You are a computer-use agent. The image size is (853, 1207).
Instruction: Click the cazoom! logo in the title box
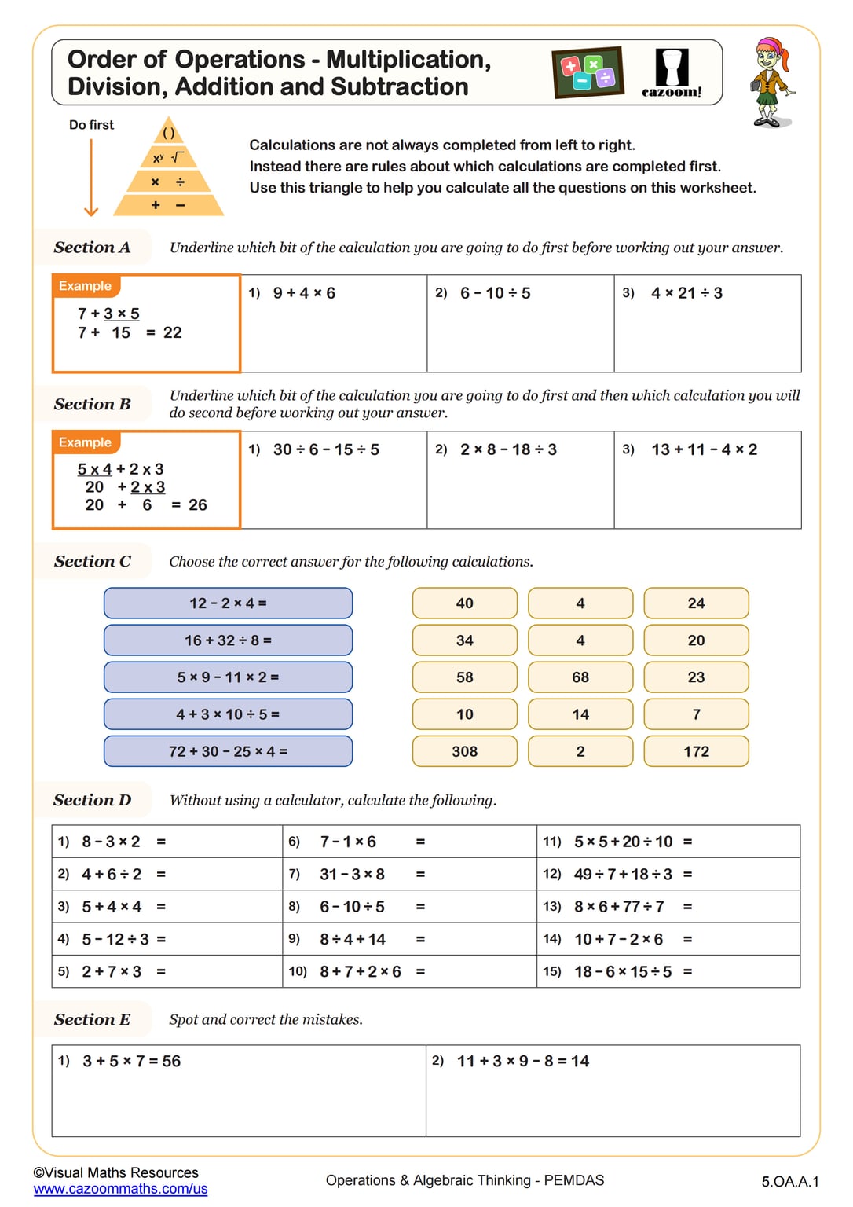672,73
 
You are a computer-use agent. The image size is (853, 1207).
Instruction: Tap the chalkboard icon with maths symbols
588,72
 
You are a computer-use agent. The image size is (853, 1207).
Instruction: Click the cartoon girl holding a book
770,82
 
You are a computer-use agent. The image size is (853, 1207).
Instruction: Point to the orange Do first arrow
91,178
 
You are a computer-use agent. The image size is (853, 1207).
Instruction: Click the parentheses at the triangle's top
168,133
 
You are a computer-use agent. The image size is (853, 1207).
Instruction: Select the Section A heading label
92,248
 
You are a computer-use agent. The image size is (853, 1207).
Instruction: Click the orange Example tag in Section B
85,442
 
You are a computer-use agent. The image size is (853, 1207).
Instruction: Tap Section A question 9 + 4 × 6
304,293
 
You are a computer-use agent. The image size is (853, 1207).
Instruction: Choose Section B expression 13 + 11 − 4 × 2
704,449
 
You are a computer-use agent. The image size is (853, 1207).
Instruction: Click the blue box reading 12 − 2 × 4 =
228,603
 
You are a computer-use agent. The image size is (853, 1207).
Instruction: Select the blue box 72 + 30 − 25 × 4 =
228,751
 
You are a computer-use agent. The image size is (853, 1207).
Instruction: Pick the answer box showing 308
464,751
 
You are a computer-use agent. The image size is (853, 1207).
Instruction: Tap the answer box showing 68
580,677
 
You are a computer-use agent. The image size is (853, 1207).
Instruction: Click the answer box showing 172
696,751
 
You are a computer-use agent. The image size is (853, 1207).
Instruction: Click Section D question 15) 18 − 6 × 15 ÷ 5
623,972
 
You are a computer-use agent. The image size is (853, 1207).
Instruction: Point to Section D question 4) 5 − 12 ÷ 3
115,939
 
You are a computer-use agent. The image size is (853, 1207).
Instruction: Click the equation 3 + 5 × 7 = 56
132,1062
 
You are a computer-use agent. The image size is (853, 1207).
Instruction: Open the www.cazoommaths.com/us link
120,1189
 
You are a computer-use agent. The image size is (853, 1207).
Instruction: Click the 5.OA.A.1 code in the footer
789,1181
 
